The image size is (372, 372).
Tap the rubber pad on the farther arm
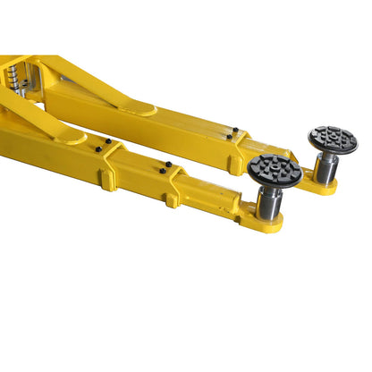tap(333, 139)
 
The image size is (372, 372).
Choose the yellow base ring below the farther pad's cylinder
tap(324, 187)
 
